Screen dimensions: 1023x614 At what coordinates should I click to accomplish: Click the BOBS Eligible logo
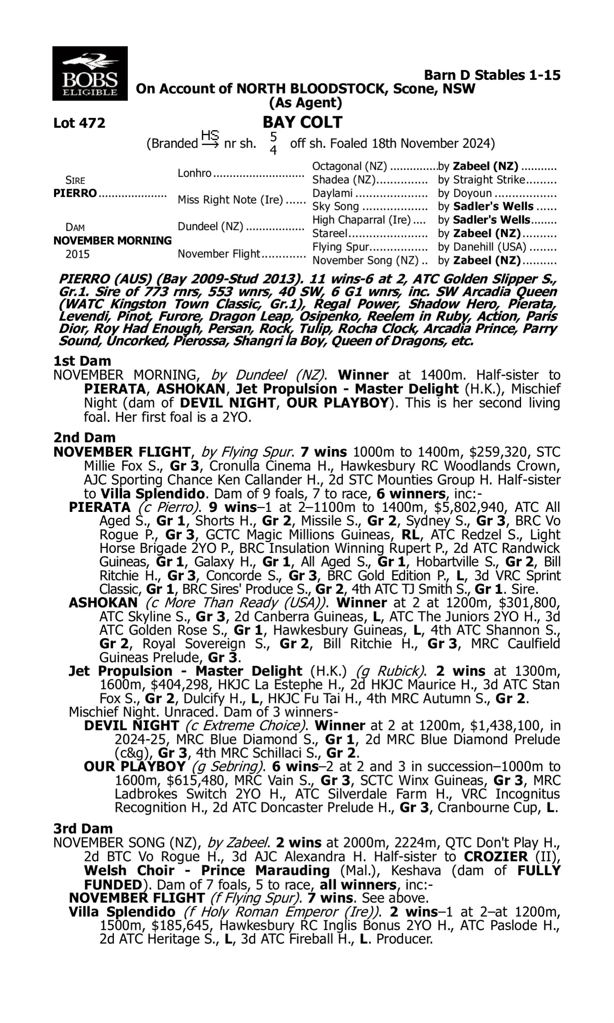click(x=90, y=74)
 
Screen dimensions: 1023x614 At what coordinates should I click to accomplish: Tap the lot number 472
click(x=79, y=123)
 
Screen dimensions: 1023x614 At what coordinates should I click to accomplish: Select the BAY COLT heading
click(x=302, y=122)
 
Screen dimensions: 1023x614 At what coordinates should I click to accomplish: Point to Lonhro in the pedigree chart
click(x=194, y=173)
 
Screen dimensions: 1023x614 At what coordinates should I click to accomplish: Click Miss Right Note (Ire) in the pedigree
click(x=230, y=200)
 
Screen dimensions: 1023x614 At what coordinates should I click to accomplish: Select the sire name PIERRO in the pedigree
click(x=75, y=193)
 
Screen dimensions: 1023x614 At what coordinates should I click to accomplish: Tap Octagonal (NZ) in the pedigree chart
click(x=350, y=166)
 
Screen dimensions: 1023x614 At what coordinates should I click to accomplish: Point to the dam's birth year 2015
click(x=77, y=254)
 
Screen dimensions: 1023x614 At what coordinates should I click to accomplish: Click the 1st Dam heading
click(x=82, y=361)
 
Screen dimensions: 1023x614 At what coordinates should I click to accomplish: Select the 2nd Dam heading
click(x=84, y=437)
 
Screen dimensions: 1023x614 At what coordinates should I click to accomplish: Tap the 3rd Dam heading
click(x=83, y=829)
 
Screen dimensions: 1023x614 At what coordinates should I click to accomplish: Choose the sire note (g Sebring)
click(x=228, y=766)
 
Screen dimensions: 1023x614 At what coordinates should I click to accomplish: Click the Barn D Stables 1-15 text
click(x=492, y=75)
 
